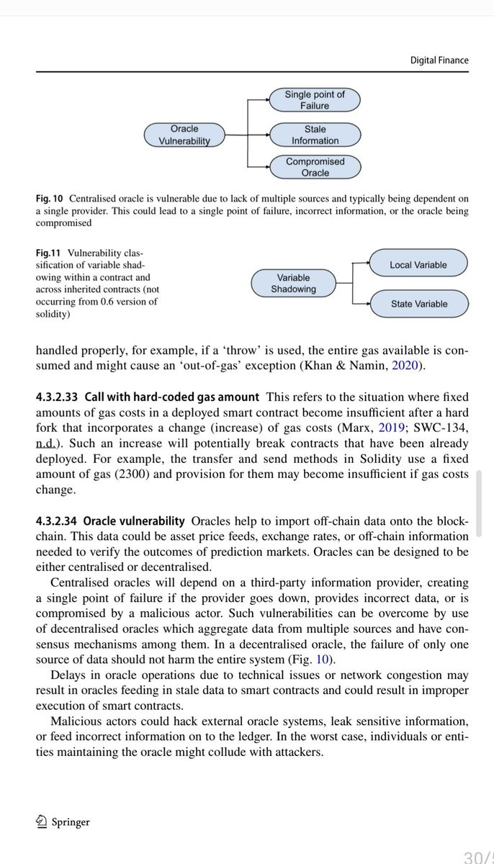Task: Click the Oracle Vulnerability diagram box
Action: pyautogui.click(x=184, y=135)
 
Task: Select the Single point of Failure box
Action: pyautogui.click(x=315, y=100)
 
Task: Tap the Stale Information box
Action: pyautogui.click(x=315, y=135)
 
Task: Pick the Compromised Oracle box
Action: pyautogui.click(x=315, y=167)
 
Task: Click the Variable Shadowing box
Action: pyautogui.click(x=293, y=283)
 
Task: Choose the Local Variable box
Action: pyautogui.click(x=418, y=265)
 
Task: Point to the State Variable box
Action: pyautogui.click(x=418, y=304)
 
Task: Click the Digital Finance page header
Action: pyautogui.click(x=439, y=60)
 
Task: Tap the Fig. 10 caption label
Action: pyautogui.click(x=50, y=198)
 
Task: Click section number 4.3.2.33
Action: pyautogui.click(x=58, y=397)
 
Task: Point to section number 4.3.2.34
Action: pyautogui.click(x=58, y=521)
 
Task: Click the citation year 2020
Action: pyautogui.click(x=408, y=366)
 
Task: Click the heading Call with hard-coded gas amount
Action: pyautogui.click(x=171, y=397)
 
